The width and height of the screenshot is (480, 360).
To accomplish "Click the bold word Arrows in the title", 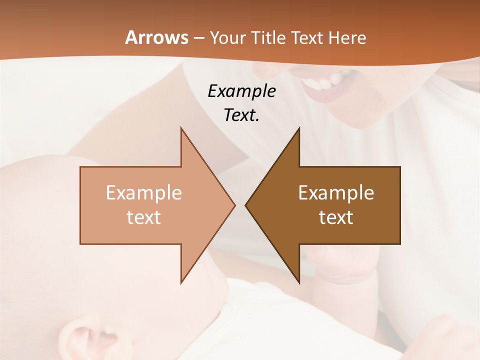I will click(156, 37).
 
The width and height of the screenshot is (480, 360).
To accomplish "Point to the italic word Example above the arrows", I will click(241, 91).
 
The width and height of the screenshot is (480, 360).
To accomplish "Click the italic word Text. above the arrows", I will click(241, 115).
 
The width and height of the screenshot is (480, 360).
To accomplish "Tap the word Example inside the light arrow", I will click(143, 193).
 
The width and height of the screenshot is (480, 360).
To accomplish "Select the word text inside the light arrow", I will click(143, 217).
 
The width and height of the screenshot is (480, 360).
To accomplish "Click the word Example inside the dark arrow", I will click(336, 193).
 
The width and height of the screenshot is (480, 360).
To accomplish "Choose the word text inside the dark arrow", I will click(336, 217).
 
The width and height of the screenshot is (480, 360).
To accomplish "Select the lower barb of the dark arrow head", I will click(299, 281).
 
